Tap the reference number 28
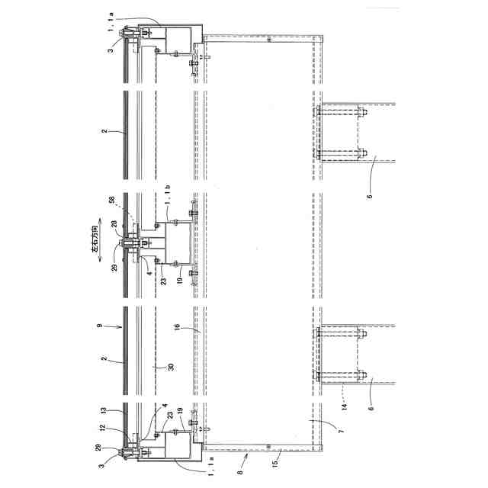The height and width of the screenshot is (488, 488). pos(114,223)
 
